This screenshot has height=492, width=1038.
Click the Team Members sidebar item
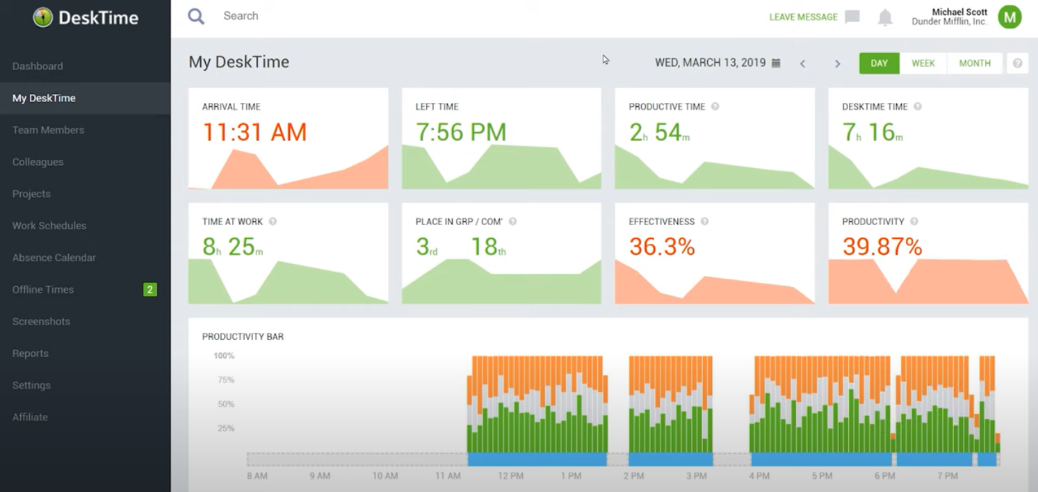pos(48,130)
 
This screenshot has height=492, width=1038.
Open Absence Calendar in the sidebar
pos(54,258)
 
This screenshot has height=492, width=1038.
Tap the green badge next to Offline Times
pos(149,290)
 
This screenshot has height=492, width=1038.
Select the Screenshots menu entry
pos(41,322)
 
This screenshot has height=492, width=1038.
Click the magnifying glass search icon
pos(196,16)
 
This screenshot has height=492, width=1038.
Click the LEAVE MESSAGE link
pos(803,17)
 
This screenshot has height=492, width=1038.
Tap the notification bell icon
pos(884,17)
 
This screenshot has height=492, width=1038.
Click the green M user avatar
pos(1009,17)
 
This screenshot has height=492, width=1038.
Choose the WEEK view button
pos(923,63)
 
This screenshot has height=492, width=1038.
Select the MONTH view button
pos(974,63)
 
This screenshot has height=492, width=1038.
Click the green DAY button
pos(879,63)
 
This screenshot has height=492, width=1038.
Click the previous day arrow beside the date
pos(802,64)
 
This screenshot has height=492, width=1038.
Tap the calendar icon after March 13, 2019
pos(776,63)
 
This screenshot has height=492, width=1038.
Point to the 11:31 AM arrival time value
pos(254,132)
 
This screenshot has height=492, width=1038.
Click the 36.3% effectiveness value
pos(661,247)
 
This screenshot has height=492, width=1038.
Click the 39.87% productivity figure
pos(882,247)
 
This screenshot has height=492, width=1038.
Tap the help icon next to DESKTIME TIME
pos(918,107)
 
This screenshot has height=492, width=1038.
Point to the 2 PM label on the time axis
pos(633,476)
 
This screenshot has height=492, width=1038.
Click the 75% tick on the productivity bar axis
pos(223,380)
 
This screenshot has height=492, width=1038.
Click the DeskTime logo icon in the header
pos(43,17)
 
